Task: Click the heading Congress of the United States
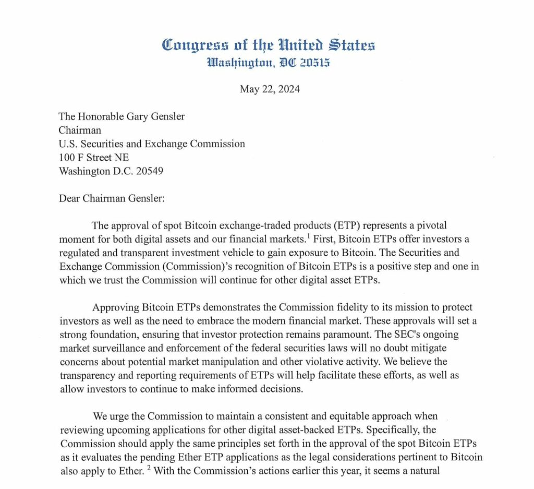click(269, 45)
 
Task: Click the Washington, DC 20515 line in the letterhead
click(269, 64)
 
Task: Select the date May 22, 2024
click(270, 89)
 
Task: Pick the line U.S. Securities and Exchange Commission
click(152, 144)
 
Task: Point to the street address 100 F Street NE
click(94, 157)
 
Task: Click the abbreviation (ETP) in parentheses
click(342, 225)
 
